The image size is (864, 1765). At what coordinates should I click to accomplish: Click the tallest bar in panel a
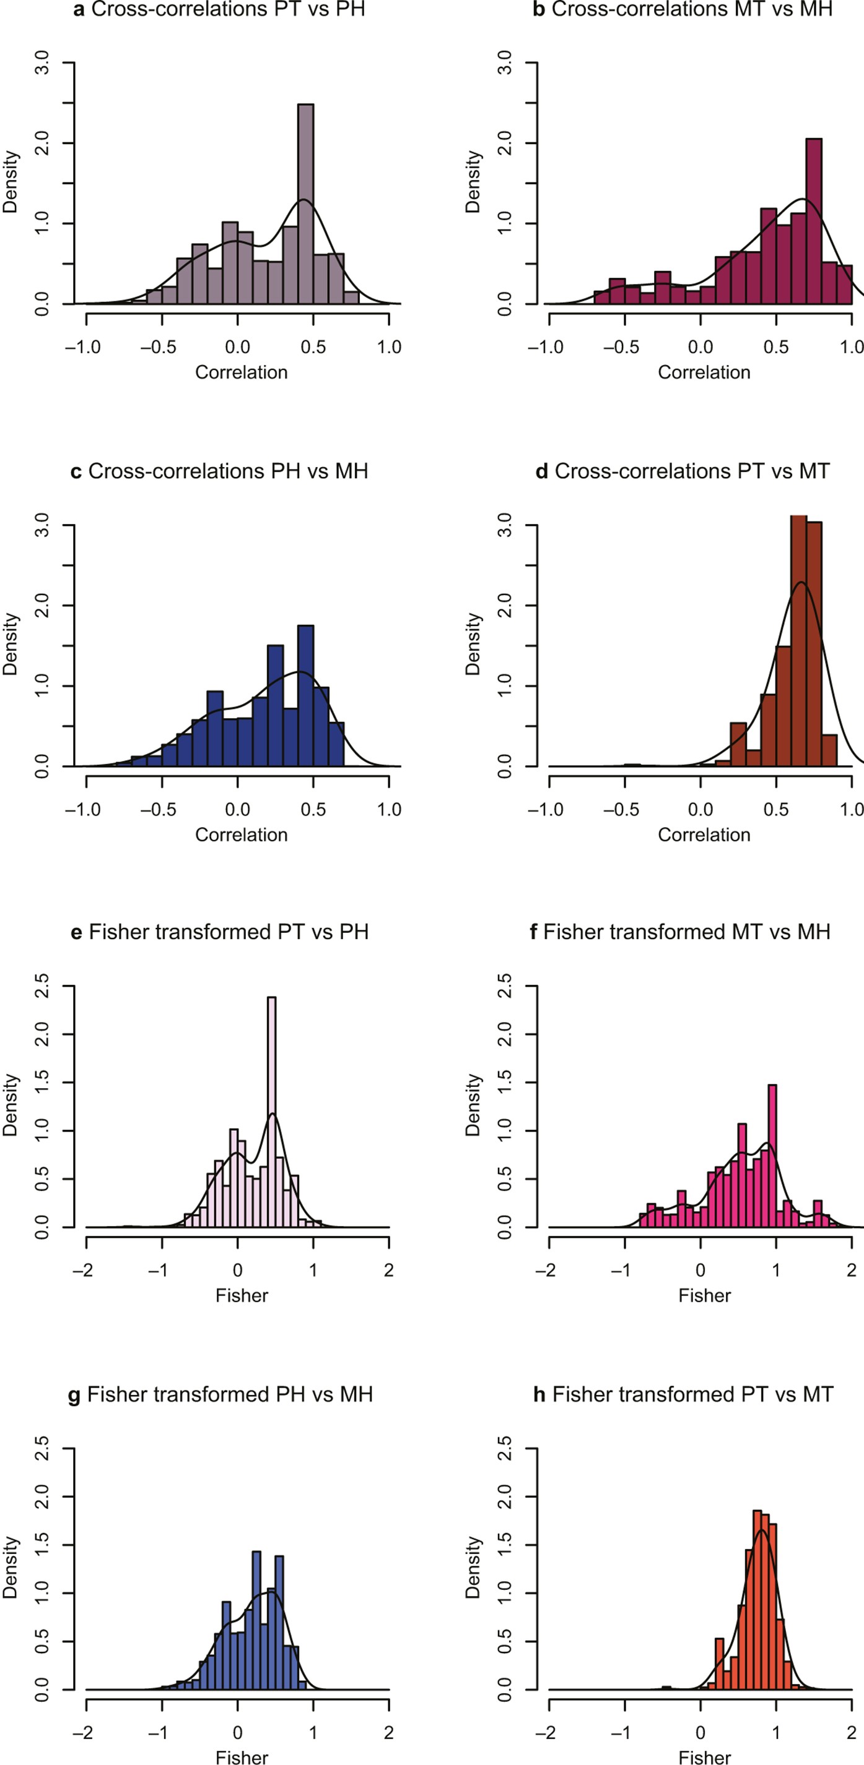point(306,205)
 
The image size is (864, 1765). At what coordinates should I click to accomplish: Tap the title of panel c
point(219,471)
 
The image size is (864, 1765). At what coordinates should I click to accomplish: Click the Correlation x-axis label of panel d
point(704,835)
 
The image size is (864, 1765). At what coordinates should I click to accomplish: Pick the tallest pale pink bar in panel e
point(271,1110)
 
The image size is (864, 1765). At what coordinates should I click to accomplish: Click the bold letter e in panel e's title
point(76,932)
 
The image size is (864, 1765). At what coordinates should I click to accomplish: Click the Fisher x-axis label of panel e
point(242,1295)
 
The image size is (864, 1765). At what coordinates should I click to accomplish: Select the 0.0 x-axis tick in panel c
point(237,809)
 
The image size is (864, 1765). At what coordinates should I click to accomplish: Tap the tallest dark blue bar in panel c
point(306,695)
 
